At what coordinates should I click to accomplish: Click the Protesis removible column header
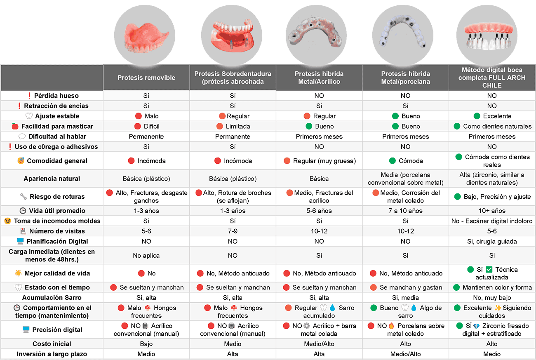pyautogui.click(x=146, y=78)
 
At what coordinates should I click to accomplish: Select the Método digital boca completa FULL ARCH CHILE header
pyautogui.click(x=492, y=78)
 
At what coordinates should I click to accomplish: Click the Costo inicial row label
pyautogui.click(x=52, y=344)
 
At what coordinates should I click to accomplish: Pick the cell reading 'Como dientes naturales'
pyautogui.click(x=496, y=127)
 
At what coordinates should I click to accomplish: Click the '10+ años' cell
pyautogui.click(x=492, y=211)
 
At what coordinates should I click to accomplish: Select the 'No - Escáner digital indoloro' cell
pyautogui.click(x=492, y=221)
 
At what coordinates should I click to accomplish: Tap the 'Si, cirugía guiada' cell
pyautogui.click(x=492, y=241)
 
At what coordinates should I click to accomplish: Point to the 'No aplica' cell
pyautogui.click(x=146, y=255)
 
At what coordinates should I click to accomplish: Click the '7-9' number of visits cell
pyautogui.click(x=233, y=231)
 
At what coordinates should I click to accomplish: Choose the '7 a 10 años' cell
pyautogui.click(x=406, y=211)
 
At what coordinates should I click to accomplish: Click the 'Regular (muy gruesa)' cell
pyautogui.click(x=324, y=161)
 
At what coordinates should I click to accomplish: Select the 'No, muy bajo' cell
pyautogui.click(x=492, y=298)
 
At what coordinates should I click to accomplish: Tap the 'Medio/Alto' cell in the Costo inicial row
pyautogui.click(x=319, y=344)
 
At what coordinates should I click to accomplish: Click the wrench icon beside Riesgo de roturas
pyautogui.click(x=23, y=197)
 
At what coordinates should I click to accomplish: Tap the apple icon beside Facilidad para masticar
pyautogui.click(x=15, y=126)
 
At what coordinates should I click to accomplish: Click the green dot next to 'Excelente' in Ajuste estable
pyautogui.click(x=477, y=116)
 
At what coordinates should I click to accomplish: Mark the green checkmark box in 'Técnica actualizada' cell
pyautogui.click(x=489, y=270)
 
